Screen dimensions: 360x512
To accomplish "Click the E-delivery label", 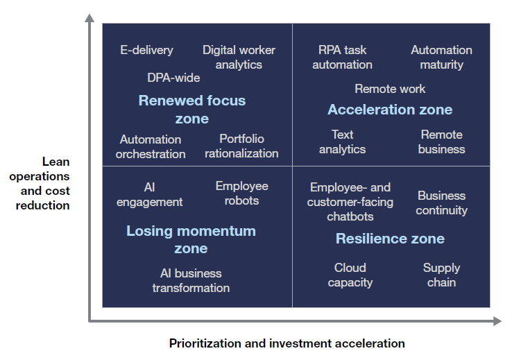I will pyautogui.click(x=146, y=50).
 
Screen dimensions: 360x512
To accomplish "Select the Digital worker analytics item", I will pyautogui.click(x=239, y=57).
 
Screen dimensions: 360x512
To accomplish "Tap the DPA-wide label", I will pyautogui.click(x=173, y=78).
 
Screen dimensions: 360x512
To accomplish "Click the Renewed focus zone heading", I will pyautogui.click(x=192, y=109).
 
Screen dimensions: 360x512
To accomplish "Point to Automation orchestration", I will pyautogui.click(x=151, y=146).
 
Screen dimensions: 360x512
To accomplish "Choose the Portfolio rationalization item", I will pyautogui.click(x=241, y=146).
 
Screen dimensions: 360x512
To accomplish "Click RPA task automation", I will pyautogui.click(x=342, y=57).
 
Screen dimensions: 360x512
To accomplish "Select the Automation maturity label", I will pyautogui.click(x=441, y=57).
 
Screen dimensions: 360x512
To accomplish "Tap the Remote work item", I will pyautogui.click(x=390, y=89).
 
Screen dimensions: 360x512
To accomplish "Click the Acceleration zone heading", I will pyautogui.click(x=390, y=110).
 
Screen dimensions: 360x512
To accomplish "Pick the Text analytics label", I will pyautogui.click(x=342, y=142).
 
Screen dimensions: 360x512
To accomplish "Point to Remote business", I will pyautogui.click(x=441, y=142).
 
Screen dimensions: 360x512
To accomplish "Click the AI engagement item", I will pyautogui.click(x=149, y=194).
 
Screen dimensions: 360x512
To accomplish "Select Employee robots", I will pyautogui.click(x=241, y=193).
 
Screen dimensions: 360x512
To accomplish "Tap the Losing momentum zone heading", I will pyautogui.click(x=191, y=239).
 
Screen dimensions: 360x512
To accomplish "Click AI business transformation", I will pyautogui.click(x=191, y=280).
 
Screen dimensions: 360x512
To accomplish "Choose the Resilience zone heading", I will pyautogui.click(x=390, y=239).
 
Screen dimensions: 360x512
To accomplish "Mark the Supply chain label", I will pyautogui.click(x=441, y=275).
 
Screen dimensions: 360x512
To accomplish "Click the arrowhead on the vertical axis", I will pyautogui.click(x=89, y=18).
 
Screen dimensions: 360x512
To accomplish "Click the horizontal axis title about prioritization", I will pyautogui.click(x=287, y=343).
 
